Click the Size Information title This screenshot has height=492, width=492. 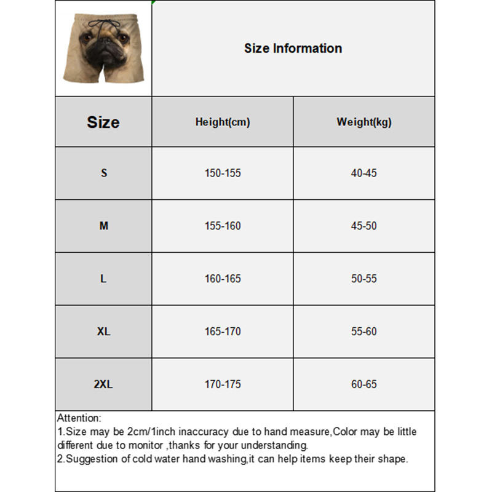pyautogui.click(x=293, y=49)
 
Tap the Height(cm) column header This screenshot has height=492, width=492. pyautogui.click(x=223, y=122)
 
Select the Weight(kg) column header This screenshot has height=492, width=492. pyautogui.click(x=363, y=122)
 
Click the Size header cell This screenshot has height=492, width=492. pyautogui.click(x=103, y=122)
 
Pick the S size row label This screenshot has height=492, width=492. pyautogui.click(x=104, y=173)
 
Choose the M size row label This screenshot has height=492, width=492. pyautogui.click(x=104, y=226)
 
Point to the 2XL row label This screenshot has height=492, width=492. pyautogui.click(x=103, y=384)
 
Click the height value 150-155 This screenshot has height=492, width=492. pyautogui.click(x=223, y=173)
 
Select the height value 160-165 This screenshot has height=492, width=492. pyautogui.click(x=223, y=279)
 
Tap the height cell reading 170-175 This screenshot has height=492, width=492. pyautogui.click(x=223, y=384)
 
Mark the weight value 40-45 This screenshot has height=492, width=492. pyautogui.click(x=363, y=173)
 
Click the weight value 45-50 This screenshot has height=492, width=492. pyautogui.click(x=363, y=226)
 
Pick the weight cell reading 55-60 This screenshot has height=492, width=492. pyautogui.click(x=363, y=331)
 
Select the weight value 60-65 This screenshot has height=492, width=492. pyautogui.click(x=363, y=384)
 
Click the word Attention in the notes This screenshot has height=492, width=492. pyautogui.click(x=78, y=418)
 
